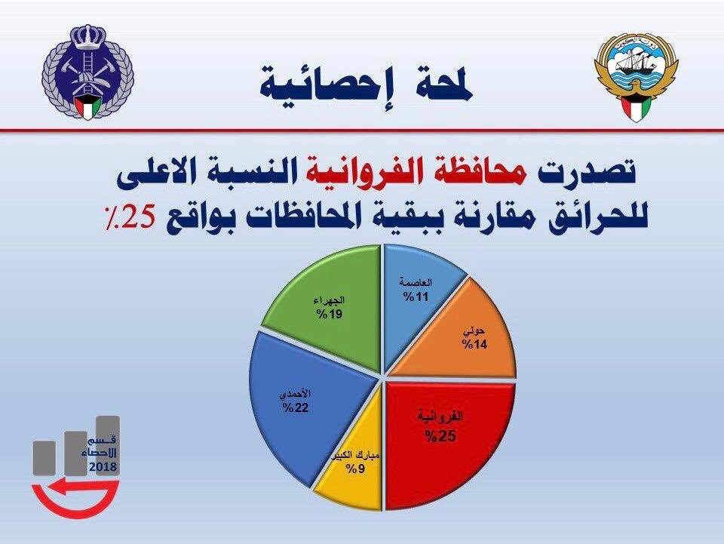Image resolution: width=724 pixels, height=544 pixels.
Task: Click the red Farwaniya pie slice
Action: (443, 444)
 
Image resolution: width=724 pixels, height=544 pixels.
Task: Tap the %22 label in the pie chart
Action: (296, 407)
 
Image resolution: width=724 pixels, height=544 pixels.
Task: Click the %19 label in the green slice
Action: (330, 315)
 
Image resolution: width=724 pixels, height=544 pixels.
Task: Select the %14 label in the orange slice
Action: (474, 344)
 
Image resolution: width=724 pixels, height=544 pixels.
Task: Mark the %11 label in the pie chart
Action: (416, 297)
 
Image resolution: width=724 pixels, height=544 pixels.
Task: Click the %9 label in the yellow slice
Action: (357, 469)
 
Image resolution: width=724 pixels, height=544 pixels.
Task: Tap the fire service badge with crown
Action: (87, 72)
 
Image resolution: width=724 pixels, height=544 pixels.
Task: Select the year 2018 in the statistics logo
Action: (103, 467)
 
